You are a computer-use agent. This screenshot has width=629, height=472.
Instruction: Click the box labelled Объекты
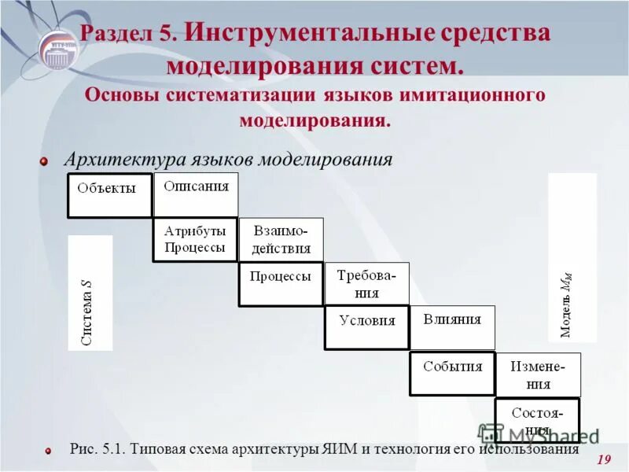109,195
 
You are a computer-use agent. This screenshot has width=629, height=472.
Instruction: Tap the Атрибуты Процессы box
195,239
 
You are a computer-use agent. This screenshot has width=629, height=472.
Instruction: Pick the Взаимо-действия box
281,239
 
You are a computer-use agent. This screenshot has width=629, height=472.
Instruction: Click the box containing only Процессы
281,283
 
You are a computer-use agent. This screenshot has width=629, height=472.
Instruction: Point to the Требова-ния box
366,283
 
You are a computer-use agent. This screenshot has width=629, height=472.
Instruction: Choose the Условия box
366,327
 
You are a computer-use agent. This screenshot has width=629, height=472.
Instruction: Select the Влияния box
452,327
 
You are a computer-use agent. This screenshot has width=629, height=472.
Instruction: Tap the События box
452,373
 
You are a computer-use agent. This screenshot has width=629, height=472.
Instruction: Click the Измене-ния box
537,374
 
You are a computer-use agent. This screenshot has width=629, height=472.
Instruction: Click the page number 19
604,459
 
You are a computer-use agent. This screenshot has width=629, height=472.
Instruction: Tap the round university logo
59,49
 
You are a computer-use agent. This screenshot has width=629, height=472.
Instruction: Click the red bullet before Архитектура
45,161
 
